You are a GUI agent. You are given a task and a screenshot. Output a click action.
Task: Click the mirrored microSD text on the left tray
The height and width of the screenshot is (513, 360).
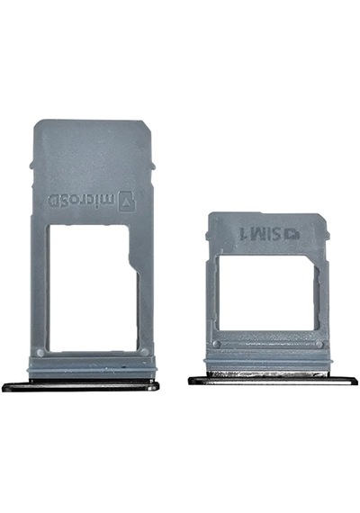point(82,201)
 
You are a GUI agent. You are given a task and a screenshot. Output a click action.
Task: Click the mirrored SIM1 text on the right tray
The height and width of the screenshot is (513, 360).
point(258,232)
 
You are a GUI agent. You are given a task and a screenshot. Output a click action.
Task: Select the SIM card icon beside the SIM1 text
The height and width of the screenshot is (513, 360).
point(292,234)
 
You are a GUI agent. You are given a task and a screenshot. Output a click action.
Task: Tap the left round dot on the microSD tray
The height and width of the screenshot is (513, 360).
point(40,353)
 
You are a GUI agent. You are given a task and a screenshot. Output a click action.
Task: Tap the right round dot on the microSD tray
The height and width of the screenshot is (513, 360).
point(144,353)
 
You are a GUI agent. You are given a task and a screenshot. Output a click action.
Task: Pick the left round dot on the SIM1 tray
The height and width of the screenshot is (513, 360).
point(215,344)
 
